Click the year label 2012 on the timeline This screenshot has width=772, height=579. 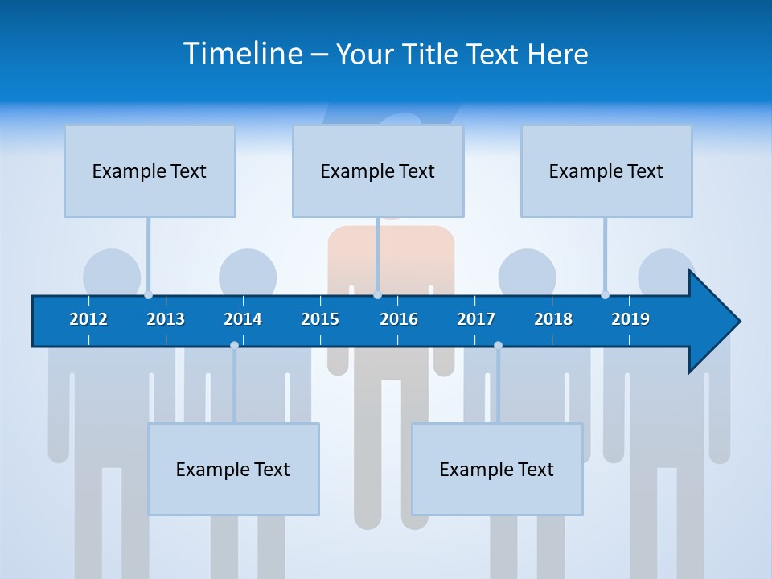coord(88,319)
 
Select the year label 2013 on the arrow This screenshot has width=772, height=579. coord(166,319)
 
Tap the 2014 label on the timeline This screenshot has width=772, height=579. coord(243,319)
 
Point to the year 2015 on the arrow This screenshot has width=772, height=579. coord(320,319)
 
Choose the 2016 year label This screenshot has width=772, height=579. coord(399,319)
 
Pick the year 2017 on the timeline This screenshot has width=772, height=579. coord(476,319)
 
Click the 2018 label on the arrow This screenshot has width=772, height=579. coord(553,319)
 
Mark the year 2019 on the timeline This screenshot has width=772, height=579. coord(630,319)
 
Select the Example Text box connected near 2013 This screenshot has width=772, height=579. coord(150,170)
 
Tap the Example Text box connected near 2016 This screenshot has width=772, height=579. coord(378,170)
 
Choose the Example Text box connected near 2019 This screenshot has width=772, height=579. coord(606,170)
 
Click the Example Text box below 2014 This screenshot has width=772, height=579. coord(233,469)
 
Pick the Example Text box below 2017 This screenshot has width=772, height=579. coord(497,469)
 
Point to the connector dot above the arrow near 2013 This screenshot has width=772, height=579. coord(148,295)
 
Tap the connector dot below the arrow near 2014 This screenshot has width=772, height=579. coord(234,345)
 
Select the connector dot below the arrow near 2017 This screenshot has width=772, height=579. coord(498,345)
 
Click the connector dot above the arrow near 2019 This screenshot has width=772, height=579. coord(605,295)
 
